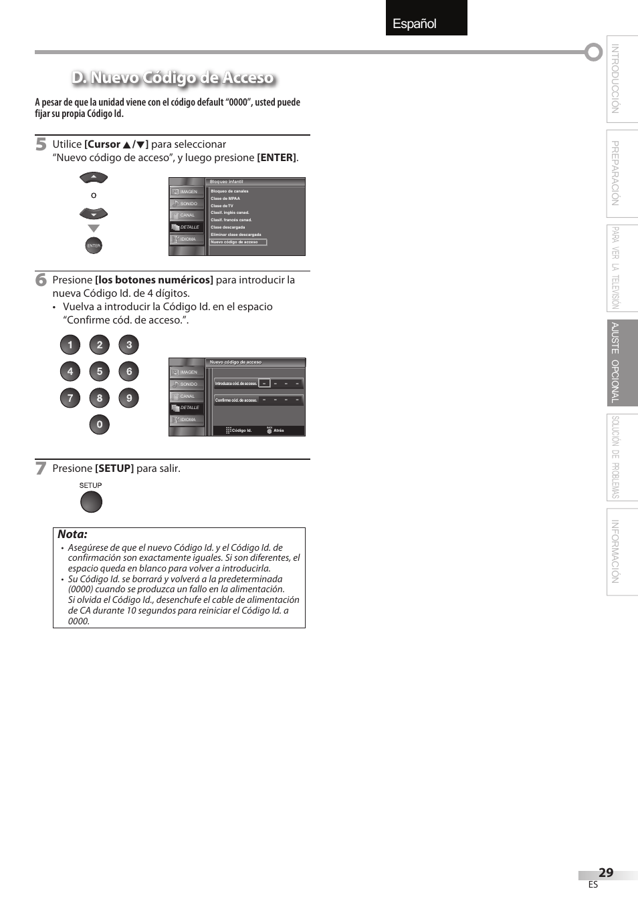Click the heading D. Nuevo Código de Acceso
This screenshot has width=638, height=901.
[173, 78]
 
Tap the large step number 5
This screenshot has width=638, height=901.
[41, 144]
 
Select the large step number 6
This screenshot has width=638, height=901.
[41, 280]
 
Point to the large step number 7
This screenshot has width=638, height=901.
[41, 469]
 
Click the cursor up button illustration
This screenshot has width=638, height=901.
[94, 178]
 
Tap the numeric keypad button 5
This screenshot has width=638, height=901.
[100, 372]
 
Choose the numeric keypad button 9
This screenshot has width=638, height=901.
[129, 398]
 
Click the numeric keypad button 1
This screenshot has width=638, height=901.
[70, 345]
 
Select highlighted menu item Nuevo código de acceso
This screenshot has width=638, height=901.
[237, 242]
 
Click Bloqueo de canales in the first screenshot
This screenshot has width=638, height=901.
[229, 191]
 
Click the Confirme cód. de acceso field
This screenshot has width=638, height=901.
[258, 400]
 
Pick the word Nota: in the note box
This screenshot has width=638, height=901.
[72, 534]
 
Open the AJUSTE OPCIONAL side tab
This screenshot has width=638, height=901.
[621, 363]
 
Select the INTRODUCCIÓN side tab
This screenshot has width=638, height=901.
[621, 79]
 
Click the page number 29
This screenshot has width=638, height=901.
[605, 872]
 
